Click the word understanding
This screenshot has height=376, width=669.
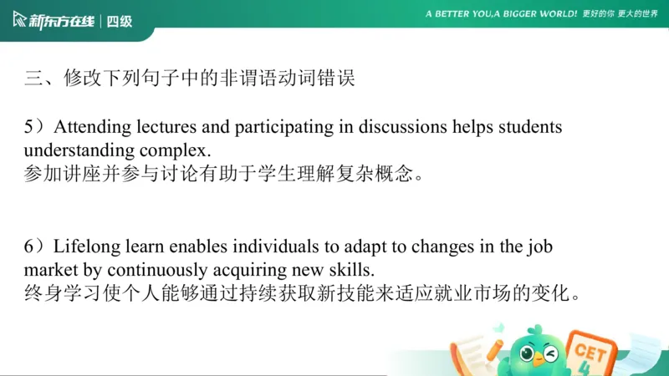(x=76, y=151)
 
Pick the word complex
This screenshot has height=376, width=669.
(x=176, y=151)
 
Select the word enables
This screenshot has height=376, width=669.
(x=192, y=247)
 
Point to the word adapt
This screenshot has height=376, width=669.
(x=349, y=247)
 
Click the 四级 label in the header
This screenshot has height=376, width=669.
(x=120, y=21)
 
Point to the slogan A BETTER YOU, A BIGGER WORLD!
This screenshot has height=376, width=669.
(x=501, y=14)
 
